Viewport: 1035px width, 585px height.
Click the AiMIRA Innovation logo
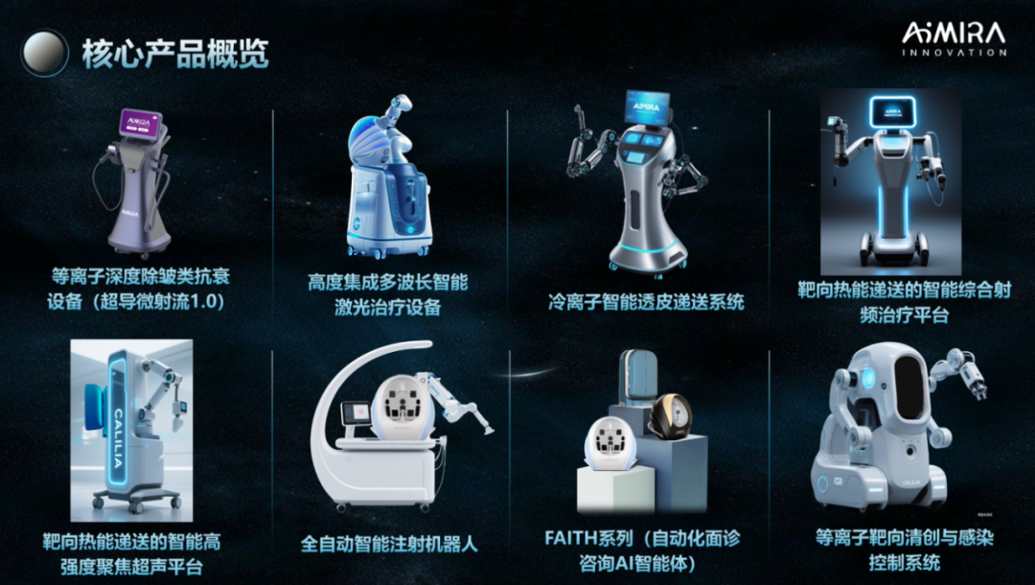pyautogui.click(x=954, y=39)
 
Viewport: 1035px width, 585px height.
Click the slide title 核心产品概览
pyautogui.click(x=175, y=54)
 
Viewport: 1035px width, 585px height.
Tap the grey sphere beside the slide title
pyautogui.click(x=44, y=53)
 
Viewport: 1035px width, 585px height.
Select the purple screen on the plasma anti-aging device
pyautogui.click(x=141, y=124)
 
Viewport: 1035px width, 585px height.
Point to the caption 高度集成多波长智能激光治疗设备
pyautogui.click(x=388, y=294)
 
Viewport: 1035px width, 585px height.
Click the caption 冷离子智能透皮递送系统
pyautogui.click(x=646, y=302)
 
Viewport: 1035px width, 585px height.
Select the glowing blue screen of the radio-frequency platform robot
pyautogui.click(x=892, y=111)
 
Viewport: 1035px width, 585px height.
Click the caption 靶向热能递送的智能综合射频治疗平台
pyautogui.click(x=904, y=302)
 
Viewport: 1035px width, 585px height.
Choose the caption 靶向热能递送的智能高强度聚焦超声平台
pyautogui.click(x=131, y=554)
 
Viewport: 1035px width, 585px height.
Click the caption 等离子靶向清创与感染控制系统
pyautogui.click(x=905, y=550)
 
